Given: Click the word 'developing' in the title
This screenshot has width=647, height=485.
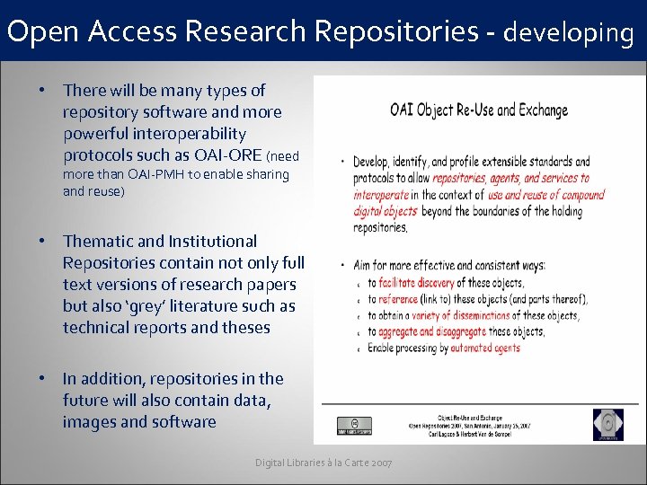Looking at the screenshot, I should coord(568,33).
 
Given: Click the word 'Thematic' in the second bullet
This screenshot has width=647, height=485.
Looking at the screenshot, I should coord(98,242).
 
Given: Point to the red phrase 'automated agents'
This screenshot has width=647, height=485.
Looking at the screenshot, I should coord(485,348).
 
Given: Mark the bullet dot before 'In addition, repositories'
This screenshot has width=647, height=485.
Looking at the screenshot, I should coord(41,379).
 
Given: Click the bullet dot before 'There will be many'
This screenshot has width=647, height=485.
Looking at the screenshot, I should coord(41,91).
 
